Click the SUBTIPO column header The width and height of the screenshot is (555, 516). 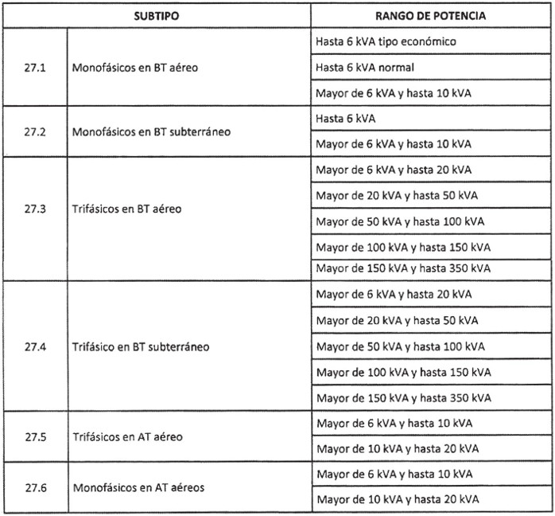(x=157, y=15)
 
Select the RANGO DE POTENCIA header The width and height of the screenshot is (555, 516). (x=430, y=15)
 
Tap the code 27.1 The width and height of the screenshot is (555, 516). (x=35, y=68)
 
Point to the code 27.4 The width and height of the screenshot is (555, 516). (x=35, y=348)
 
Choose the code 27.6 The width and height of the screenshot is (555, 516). (x=35, y=487)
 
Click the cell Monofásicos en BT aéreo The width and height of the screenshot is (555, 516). (x=135, y=68)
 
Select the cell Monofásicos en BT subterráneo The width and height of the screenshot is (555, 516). (x=152, y=131)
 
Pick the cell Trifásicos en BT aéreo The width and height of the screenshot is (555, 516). (x=127, y=209)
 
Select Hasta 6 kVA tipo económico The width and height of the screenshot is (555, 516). (x=386, y=41)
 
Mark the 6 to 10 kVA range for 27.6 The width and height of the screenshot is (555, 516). (x=394, y=475)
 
